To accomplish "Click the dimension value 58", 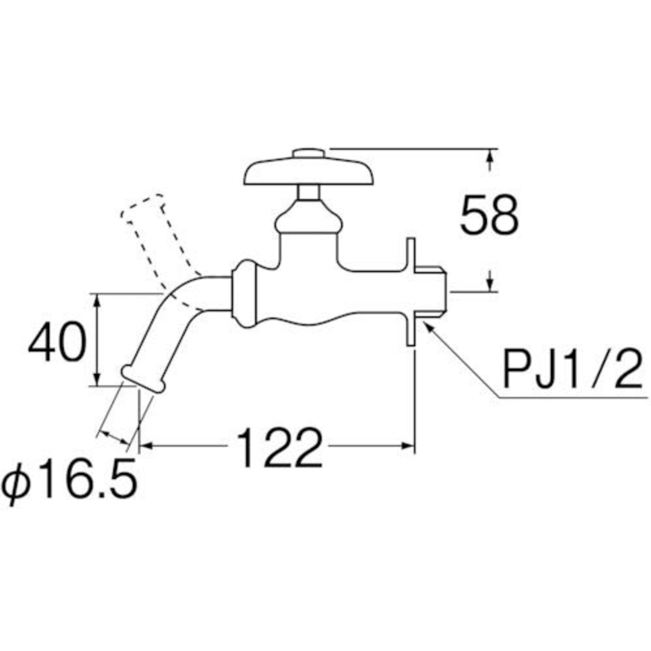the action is coord(489,216).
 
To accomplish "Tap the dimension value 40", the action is coord(57,341).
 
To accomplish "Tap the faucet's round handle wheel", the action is coord(308,174).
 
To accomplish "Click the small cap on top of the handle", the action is coord(309,154).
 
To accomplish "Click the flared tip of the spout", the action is coord(143,379).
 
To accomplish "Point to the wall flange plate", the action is coord(410,292).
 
